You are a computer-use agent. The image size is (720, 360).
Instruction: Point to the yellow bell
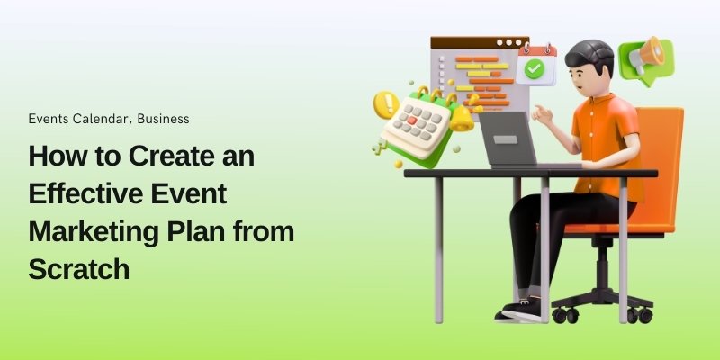click(x=461, y=116)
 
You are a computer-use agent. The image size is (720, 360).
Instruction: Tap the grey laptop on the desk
click(x=511, y=139)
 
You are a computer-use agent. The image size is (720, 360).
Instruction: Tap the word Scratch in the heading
click(x=79, y=268)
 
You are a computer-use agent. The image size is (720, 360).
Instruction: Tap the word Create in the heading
click(x=167, y=156)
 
